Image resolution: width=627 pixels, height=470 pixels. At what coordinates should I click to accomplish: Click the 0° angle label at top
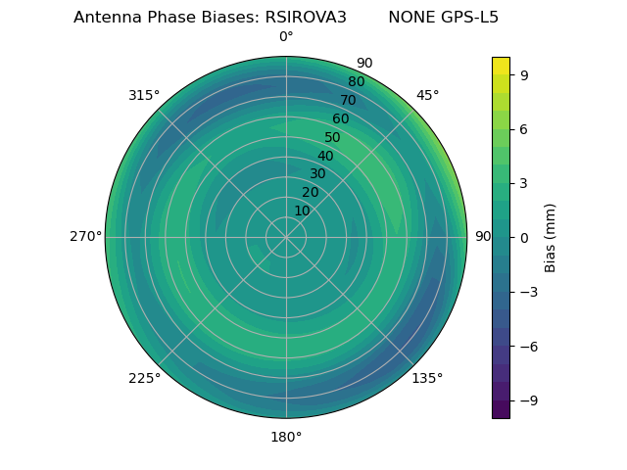[x=286, y=37]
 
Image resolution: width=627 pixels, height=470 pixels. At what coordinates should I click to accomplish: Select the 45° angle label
[x=427, y=95]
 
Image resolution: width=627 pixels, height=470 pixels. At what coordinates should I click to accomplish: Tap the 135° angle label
[x=427, y=378]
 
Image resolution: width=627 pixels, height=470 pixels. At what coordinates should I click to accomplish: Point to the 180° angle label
[x=286, y=437]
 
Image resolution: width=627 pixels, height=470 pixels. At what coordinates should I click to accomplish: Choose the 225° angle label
[x=144, y=378]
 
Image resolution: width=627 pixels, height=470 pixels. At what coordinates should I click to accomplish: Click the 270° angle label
[x=85, y=237]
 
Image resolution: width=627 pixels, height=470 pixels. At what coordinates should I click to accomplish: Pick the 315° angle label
[x=144, y=95]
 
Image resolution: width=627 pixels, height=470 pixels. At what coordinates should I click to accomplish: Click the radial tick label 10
[x=302, y=211]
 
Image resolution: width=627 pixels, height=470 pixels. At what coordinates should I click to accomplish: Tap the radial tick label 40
[x=325, y=156]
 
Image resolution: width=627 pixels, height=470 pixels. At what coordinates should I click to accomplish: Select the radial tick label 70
[x=348, y=100]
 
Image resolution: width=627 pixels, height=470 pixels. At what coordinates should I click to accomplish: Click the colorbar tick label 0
[x=524, y=237]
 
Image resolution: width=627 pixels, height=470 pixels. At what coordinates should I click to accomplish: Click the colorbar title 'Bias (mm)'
[x=551, y=237]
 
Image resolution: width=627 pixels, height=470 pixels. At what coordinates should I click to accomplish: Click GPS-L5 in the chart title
[x=470, y=18]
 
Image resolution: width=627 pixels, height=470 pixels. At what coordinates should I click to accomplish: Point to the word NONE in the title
[x=411, y=18]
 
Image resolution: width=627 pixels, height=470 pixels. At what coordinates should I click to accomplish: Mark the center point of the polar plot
[x=286, y=237]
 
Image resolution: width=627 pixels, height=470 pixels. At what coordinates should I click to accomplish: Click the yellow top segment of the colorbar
[x=501, y=66]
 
